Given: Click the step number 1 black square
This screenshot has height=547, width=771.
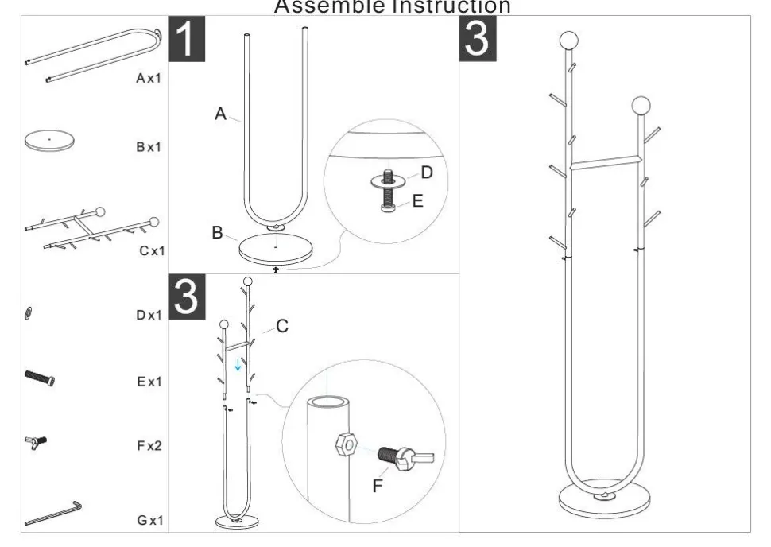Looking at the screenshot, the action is pyautogui.click(x=186, y=39).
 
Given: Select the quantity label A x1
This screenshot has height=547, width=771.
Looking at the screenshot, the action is pyautogui.click(x=149, y=78).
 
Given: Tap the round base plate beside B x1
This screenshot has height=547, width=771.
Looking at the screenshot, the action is pyautogui.click(x=49, y=142).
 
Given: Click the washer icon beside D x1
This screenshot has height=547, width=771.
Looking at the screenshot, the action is pyautogui.click(x=29, y=313).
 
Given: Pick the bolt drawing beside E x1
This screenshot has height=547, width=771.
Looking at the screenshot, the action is pyautogui.click(x=40, y=378).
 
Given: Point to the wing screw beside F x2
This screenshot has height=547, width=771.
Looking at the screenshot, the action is pyautogui.click(x=36, y=442).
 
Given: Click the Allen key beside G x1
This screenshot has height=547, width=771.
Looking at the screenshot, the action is pyautogui.click(x=53, y=514).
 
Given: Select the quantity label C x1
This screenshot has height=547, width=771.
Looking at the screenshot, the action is pyautogui.click(x=152, y=251).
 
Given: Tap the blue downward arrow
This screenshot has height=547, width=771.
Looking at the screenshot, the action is pyautogui.click(x=238, y=364).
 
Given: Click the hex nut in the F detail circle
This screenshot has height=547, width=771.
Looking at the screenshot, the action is pyautogui.click(x=347, y=444).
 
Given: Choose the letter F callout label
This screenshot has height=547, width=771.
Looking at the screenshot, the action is pyautogui.click(x=377, y=486).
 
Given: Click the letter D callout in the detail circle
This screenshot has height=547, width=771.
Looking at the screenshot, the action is pyautogui.click(x=427, y=173).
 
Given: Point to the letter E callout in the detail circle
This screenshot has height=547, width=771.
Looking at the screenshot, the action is pyautogui.click(x=417, y=200).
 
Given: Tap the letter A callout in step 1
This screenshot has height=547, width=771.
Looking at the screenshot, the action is pyautogui.click(x=220, y=114).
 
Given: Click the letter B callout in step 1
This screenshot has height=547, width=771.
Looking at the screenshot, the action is pyautogui.click(x=217, y=233).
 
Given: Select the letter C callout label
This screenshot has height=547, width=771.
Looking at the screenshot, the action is pyautogui.click(x=282, y=326).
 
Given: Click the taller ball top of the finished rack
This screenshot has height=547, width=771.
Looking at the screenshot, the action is pyautogui.click(x=569, y=41).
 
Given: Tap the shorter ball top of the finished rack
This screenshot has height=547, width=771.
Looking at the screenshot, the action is pyautogui.click(x=641, y=105).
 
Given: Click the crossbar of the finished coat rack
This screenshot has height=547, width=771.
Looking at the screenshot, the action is pyautogui.click(x=605, y=163).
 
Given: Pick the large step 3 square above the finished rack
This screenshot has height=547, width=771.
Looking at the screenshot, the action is pyautogui.click(x=478, y=39).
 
